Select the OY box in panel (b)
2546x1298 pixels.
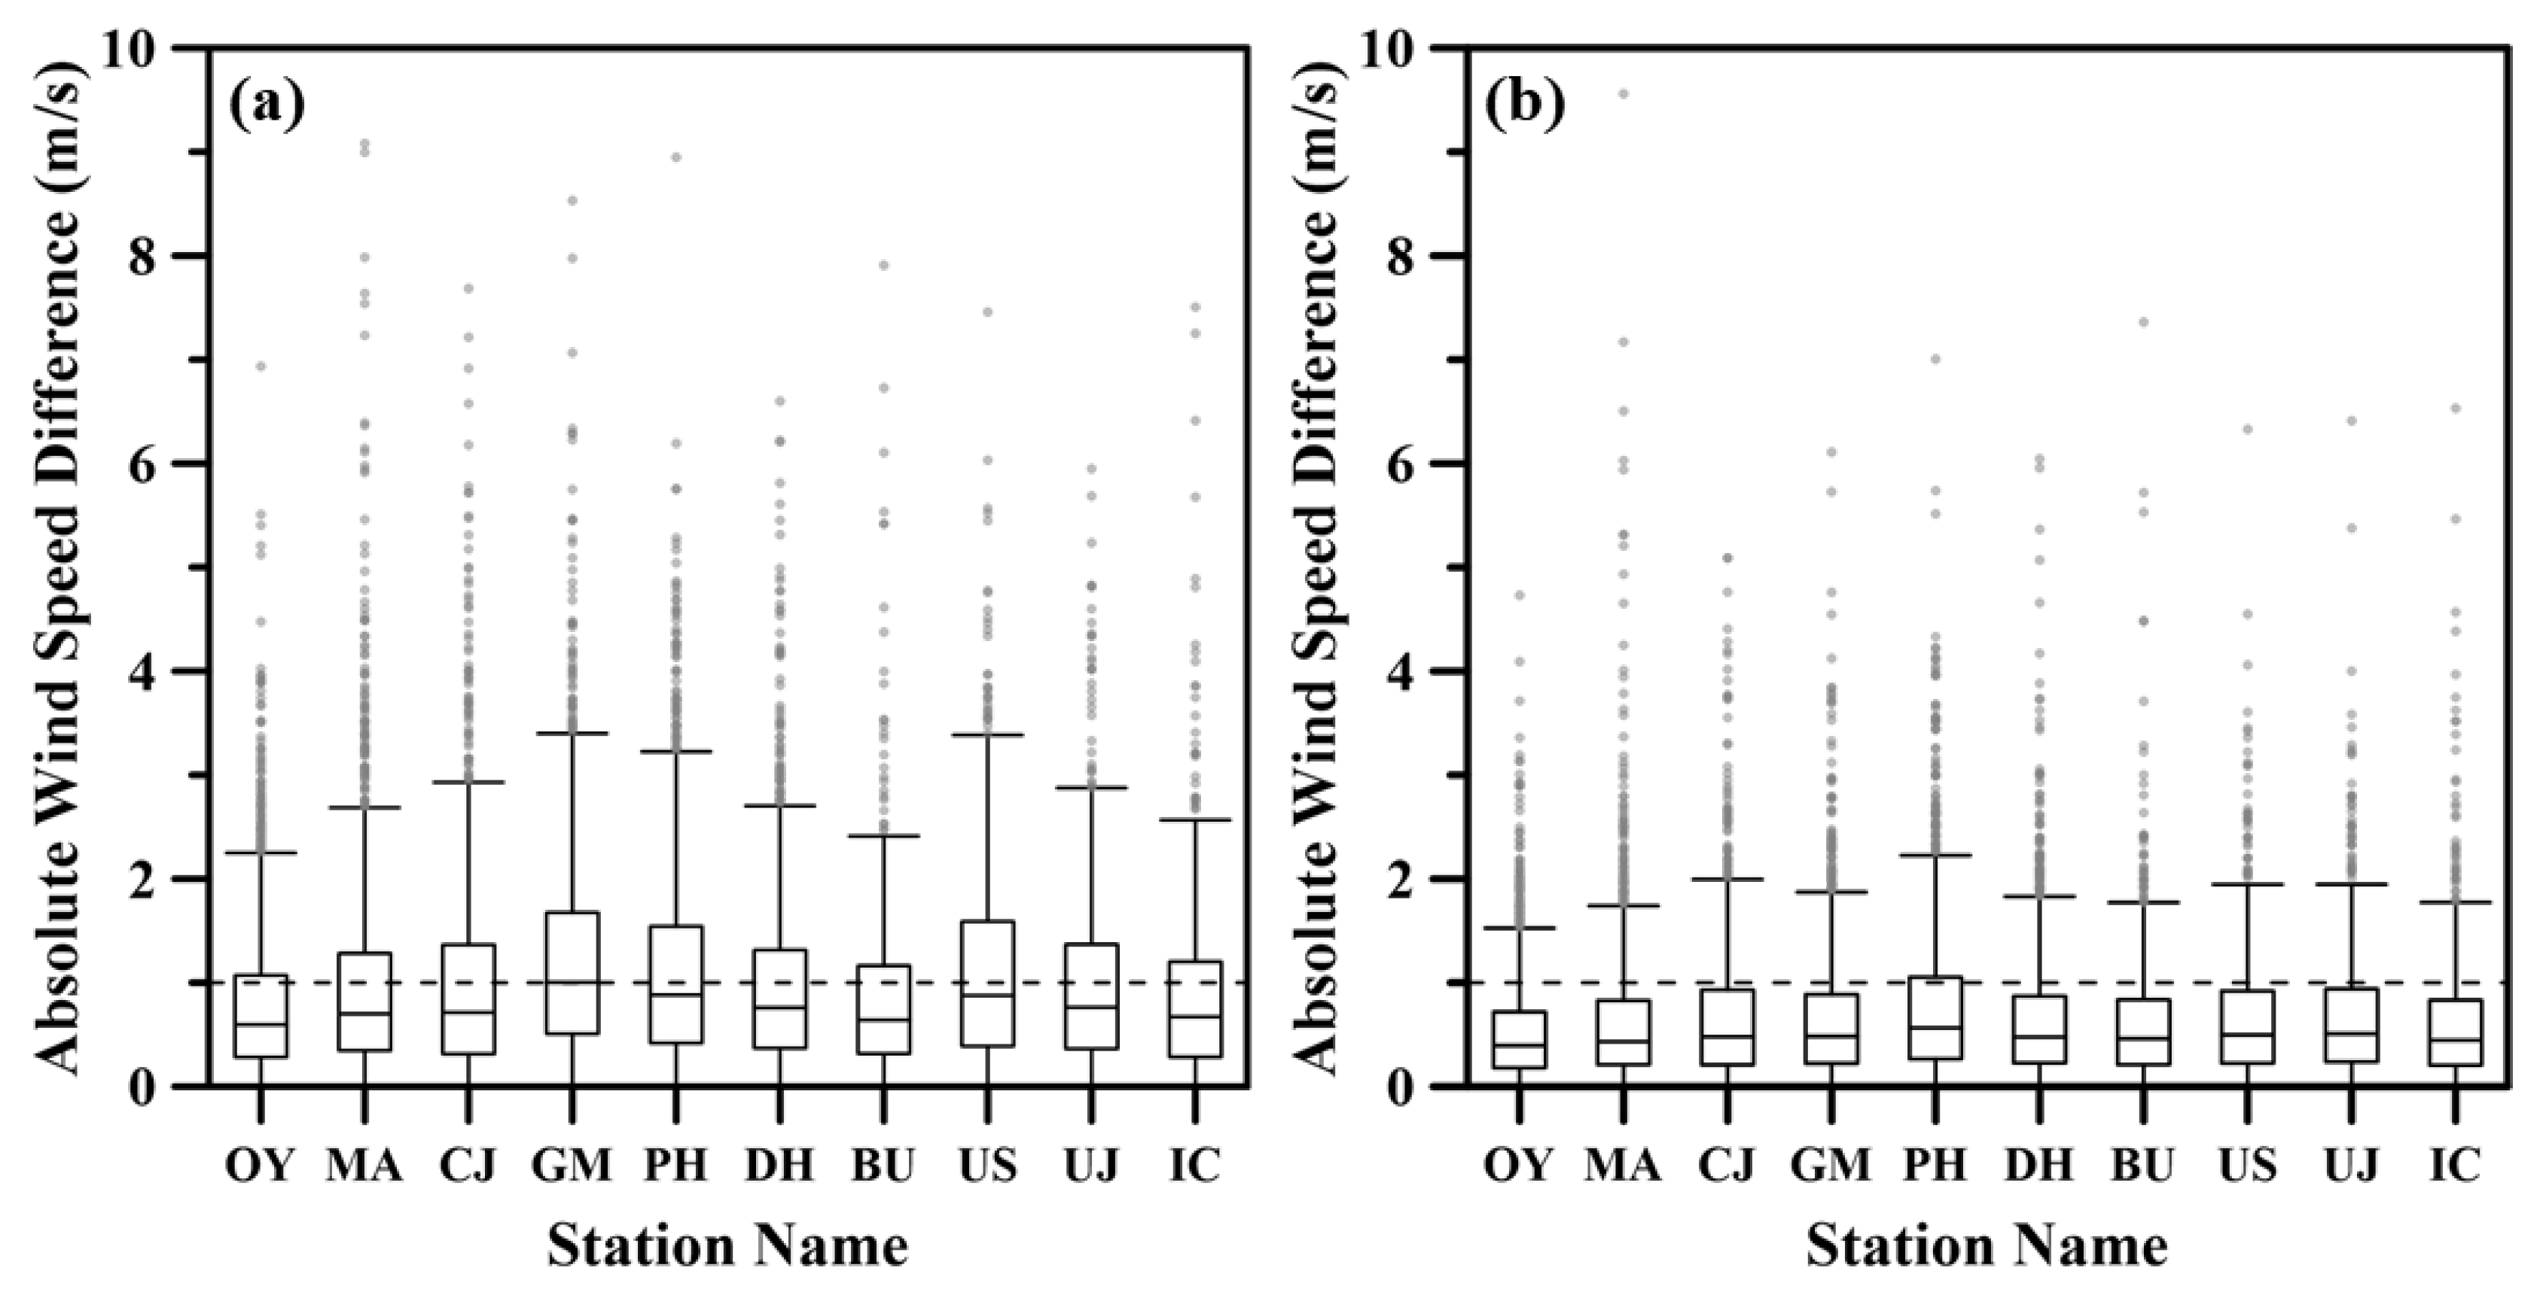click(1519, 1039)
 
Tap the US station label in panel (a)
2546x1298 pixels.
click(986, 1166)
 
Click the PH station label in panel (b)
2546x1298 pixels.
click(1935, 1166)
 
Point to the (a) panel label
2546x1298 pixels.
click(266, 105)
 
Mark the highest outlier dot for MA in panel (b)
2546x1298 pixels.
click(1623, 94)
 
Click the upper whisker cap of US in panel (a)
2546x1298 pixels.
click(987, 735)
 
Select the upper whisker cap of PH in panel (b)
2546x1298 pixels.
click(1935, 855)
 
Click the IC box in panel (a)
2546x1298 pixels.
click(1195, 1008)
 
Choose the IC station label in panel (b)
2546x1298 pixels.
click(2455, 1166)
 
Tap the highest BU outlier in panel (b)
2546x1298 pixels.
click(2143, 322)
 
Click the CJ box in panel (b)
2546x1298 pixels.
click(1727, 1027)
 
